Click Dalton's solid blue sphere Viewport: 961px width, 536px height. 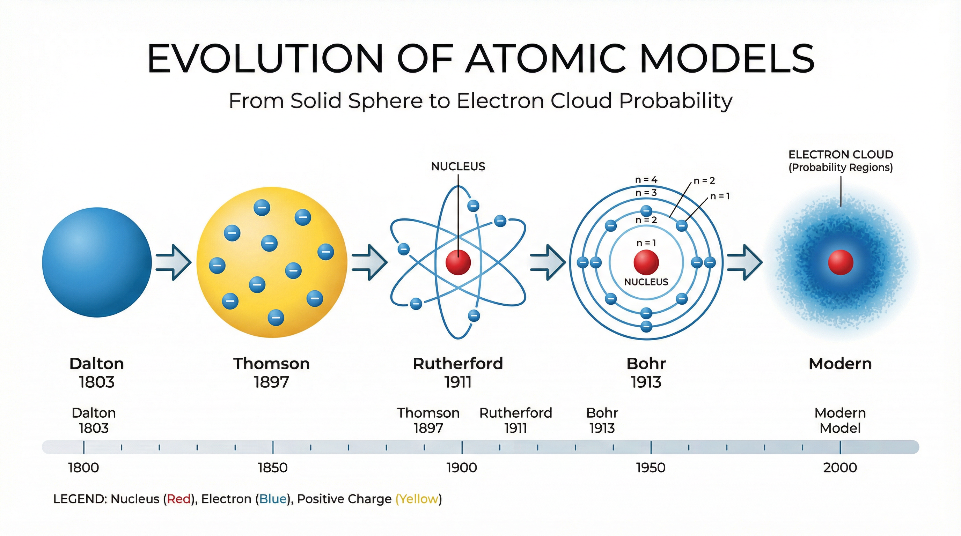pyautogui.click(x=97, y=262)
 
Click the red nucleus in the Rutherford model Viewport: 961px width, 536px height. pyautogui.click(x=458, y=262)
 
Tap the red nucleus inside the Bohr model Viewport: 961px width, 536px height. pyautogui.click(x=646, y=262)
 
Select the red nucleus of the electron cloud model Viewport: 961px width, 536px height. pyautogui.click(x=841, y=262)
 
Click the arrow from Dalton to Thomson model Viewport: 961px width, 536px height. pyautogui.click(x=174, y=262)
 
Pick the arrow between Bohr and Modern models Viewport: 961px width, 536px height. pyautogui.click(x=744, y=262)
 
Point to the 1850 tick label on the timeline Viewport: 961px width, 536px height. pyautogui.click(x=273, y=467)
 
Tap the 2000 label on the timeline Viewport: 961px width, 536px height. pyautogui.click(x=840, y=467)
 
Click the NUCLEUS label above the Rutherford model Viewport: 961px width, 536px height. pyautogui.click(x=458, y=166)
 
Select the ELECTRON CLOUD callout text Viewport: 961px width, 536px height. pyautogui.click(x=841, y=154)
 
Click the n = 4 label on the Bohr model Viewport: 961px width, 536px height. pyautogui.click(x=646, y=180)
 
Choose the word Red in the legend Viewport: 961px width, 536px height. pyautogui.click(x=179, y=499)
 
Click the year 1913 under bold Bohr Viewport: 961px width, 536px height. pyautogui.click(x=646, y=382)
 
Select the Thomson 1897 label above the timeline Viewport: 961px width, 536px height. pyautogui.click(x=428, y=420)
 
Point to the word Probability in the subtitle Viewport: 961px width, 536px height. pyautogui.click(x=676, y=100)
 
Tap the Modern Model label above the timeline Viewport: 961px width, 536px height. pyautogui.click(x=840, y=420)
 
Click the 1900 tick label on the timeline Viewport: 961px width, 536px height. pyautogui.click(x=462, y=467)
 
